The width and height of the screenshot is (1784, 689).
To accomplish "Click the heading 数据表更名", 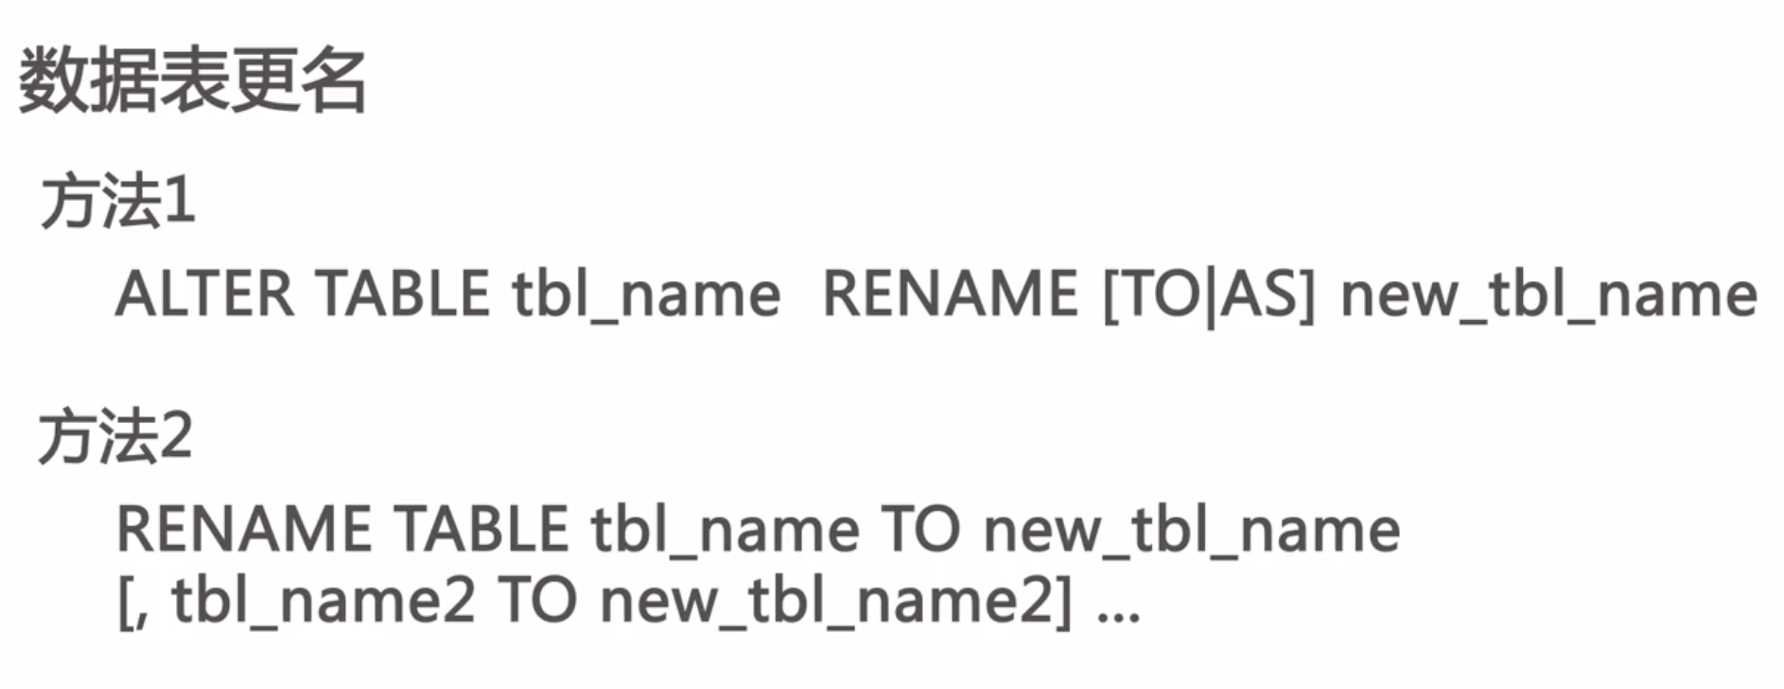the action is tap(192, 81).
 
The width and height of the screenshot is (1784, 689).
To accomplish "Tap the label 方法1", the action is tap(118, 201).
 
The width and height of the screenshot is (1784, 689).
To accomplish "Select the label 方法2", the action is tap(116, 436).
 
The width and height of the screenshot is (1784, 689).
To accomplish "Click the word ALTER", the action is tap(204, 294).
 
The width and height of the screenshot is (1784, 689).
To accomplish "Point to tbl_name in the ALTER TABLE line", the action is tap(646, 294).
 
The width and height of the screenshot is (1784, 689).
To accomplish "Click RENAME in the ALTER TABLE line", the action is tap(950, 294).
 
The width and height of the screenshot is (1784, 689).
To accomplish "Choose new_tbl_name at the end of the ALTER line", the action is tap(1548, 294).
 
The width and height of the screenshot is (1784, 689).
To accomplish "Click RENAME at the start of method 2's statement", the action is tap(244, 529).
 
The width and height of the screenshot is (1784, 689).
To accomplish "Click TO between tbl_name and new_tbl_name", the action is tap(920, 529).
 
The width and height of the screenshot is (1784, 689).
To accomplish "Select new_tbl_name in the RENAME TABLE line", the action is tap(1192, 529).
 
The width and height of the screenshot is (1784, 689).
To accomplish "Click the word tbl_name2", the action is tap(323, 600).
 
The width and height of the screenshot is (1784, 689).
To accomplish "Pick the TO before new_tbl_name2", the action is tap(537, 600).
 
